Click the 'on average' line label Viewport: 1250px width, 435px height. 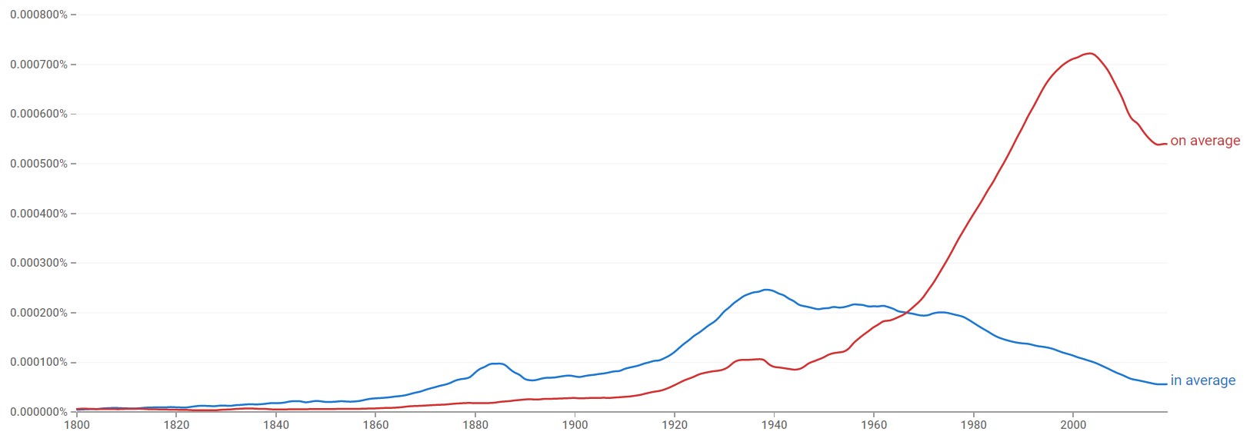coord(1205,141)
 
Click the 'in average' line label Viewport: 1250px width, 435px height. coord(1202,380)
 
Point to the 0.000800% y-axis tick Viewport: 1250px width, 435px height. coord(38,15)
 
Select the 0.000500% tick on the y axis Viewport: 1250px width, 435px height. coord(38,164)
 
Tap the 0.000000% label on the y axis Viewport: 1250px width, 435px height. coord(38,412)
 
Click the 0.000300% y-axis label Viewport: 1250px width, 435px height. coord(38,263)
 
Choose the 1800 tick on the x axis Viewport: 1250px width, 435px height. coord(76,424)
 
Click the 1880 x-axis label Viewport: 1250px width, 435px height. coord(475,424)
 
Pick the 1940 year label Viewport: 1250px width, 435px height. coord(774,424)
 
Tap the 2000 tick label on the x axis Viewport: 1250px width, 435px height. coord(1073,424)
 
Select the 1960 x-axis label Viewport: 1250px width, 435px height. coord(874,424)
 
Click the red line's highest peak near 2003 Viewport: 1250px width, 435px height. coord(1088,53)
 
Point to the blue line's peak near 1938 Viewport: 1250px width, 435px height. coord(766,290)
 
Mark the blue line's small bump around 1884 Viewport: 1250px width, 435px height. coord(497,364)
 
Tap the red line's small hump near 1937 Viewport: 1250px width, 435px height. coord(758,359)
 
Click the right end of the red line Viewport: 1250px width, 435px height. coord(1166,143)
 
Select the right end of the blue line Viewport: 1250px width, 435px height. coord(1166,384)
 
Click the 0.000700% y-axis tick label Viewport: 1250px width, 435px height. coord(38,65)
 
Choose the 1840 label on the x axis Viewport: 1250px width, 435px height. coord(275,424)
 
